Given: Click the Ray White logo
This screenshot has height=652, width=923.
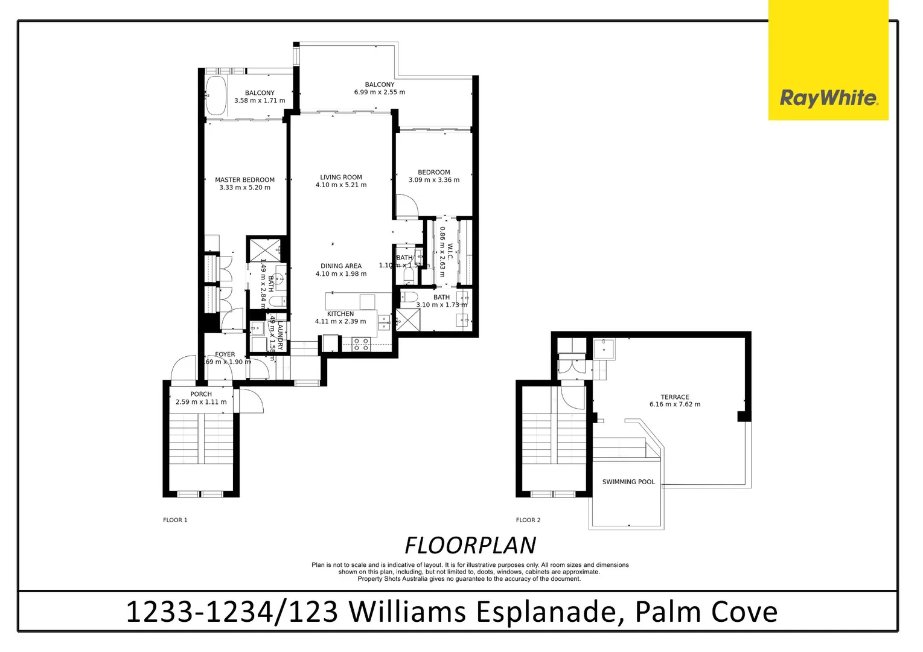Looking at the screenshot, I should point(828,98).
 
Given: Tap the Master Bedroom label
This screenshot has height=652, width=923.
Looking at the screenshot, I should point(244,180).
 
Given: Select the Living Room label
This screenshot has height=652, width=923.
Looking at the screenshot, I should point(340,177).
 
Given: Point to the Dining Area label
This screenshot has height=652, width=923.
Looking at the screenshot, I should point(340,266).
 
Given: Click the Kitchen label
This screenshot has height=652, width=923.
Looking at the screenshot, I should point(340,314).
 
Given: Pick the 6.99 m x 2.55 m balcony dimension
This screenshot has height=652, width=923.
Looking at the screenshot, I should point(379,92).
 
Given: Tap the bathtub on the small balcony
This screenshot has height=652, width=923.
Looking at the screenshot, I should point(216,95).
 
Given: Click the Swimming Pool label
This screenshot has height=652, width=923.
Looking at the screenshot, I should point(628,482).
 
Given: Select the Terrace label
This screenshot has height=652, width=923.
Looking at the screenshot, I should point(674,397).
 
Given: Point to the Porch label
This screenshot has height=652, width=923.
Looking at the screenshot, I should point(201,394).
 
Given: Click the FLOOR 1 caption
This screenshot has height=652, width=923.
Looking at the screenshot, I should point(175,520).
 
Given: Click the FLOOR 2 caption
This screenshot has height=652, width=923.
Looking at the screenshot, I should point(528,520).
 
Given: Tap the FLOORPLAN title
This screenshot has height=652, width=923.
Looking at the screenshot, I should point(470,545).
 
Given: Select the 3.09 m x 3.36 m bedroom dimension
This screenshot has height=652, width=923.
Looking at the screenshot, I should point(433,180).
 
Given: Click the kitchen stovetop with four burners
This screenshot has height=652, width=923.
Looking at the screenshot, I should point(361,344).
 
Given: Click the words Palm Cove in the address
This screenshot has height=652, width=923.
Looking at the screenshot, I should point(706,612).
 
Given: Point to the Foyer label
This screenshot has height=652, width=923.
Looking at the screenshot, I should point(225,354).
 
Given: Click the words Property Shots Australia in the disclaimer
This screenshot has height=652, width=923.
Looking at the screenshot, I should point(396,579).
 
